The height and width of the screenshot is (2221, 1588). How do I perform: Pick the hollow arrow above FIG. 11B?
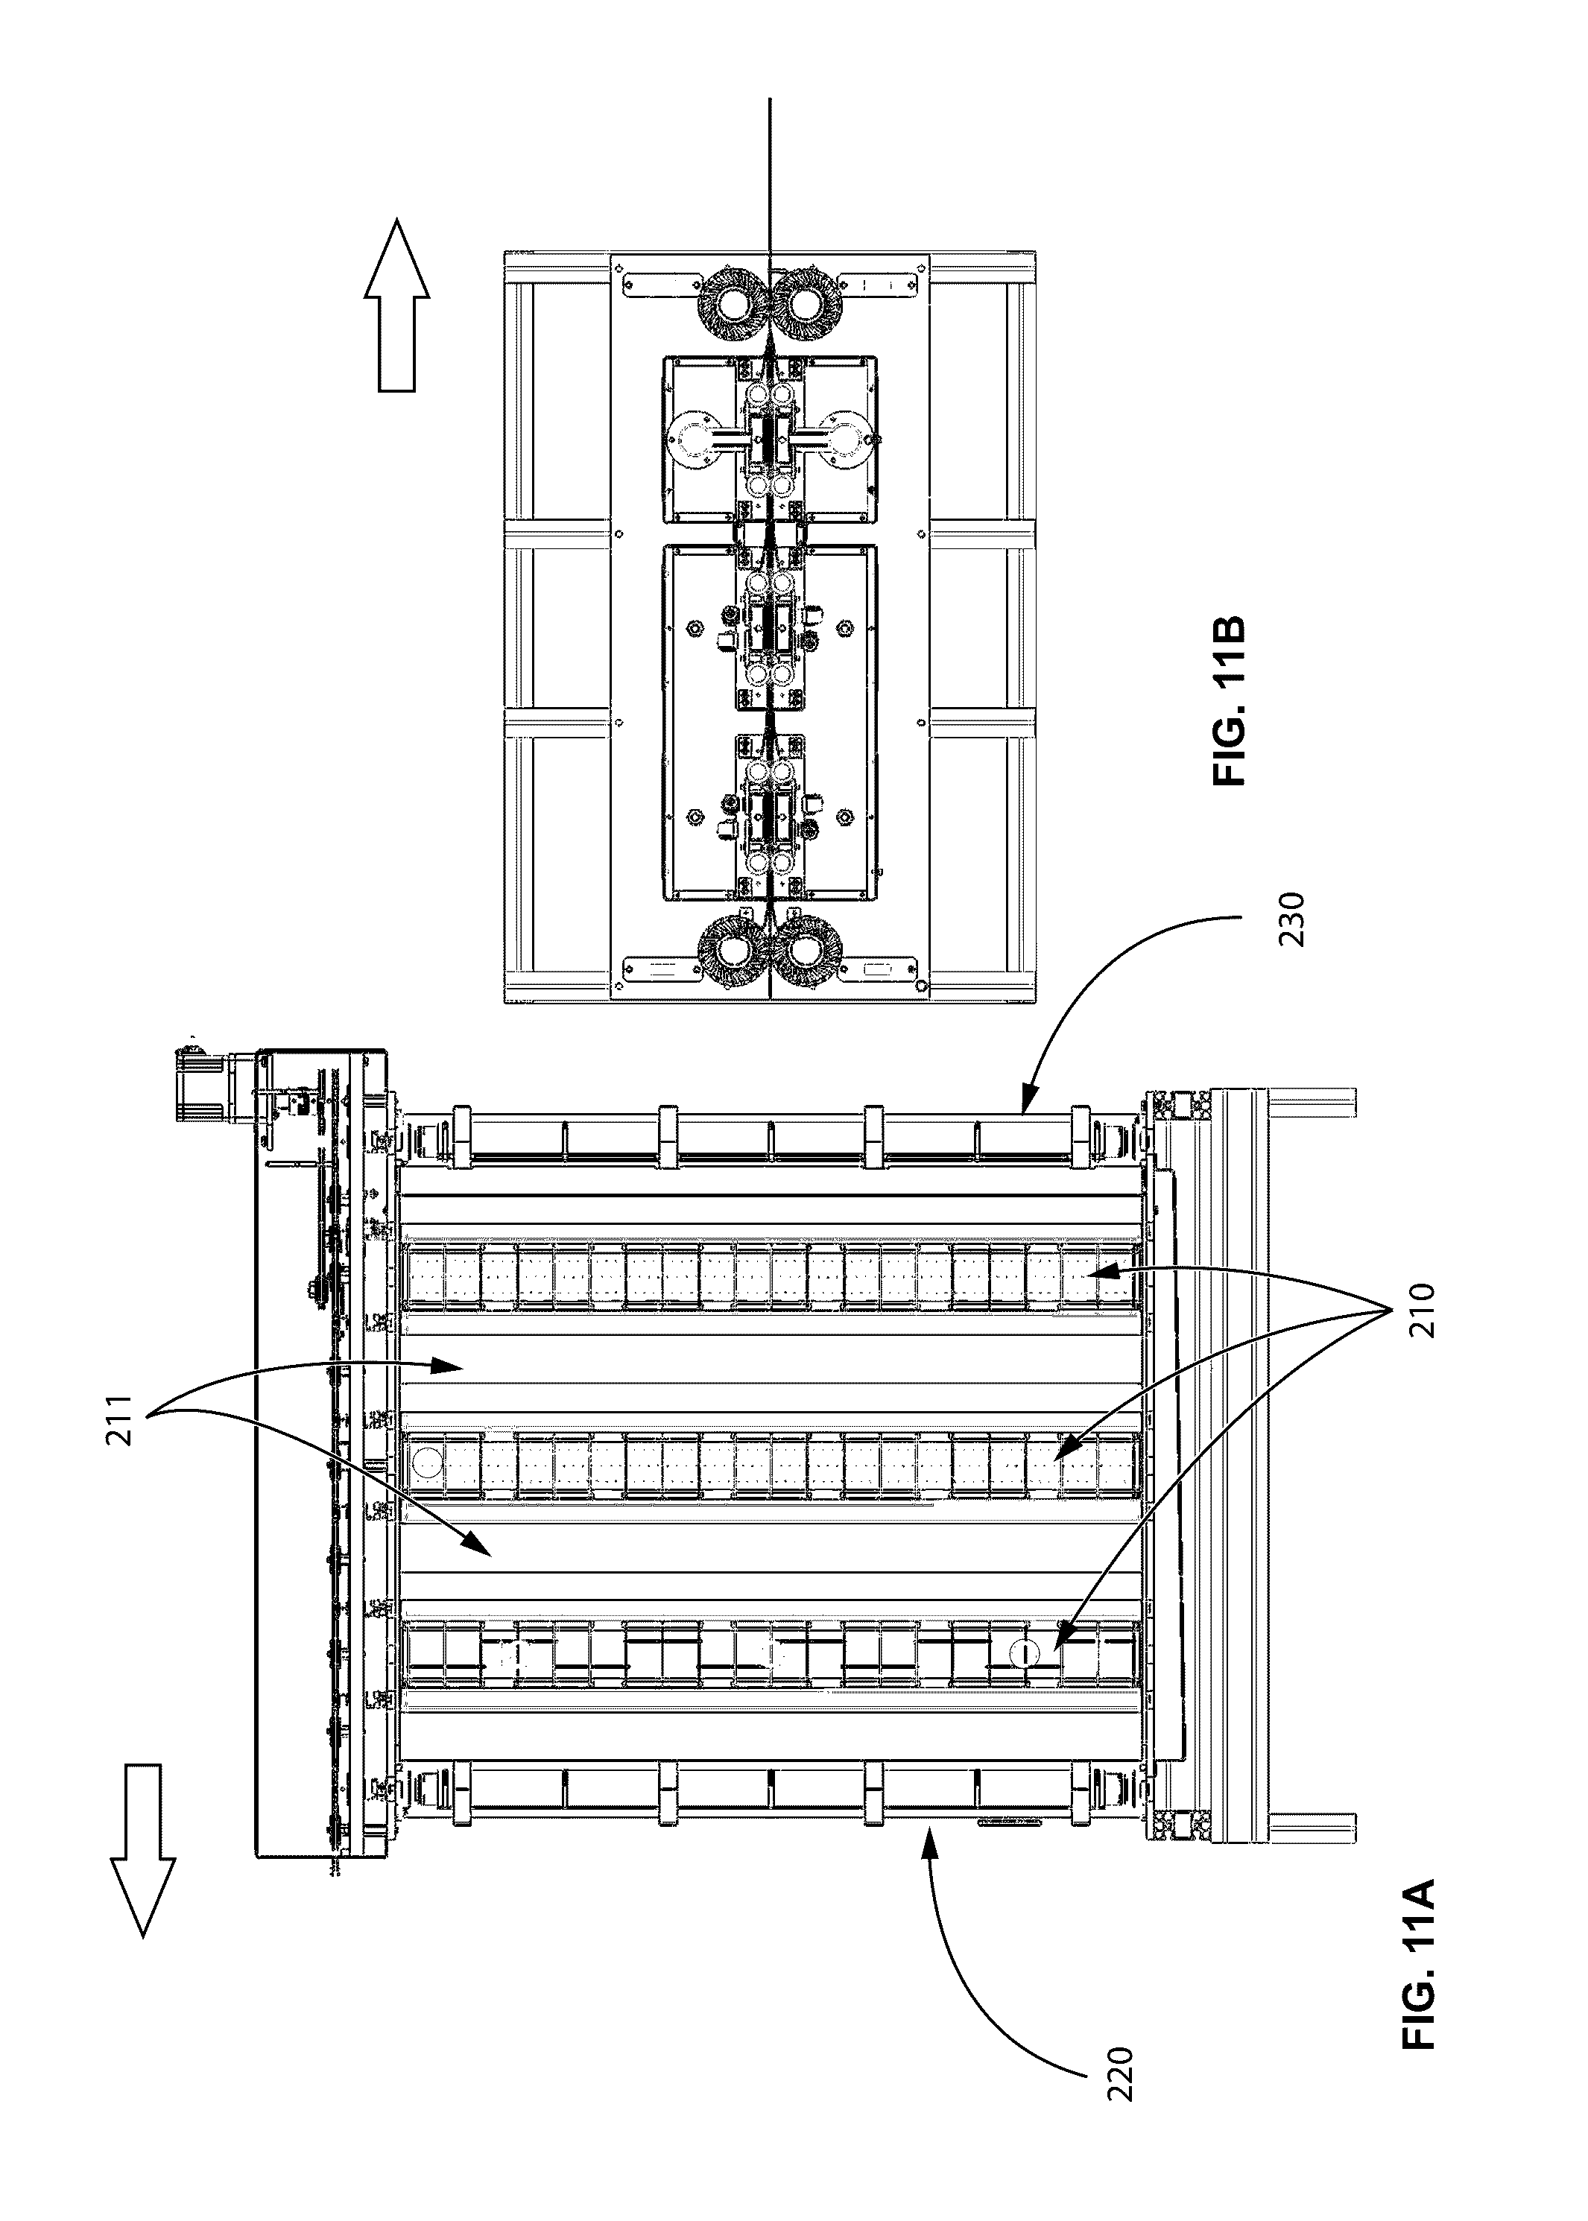click(397, 305)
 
